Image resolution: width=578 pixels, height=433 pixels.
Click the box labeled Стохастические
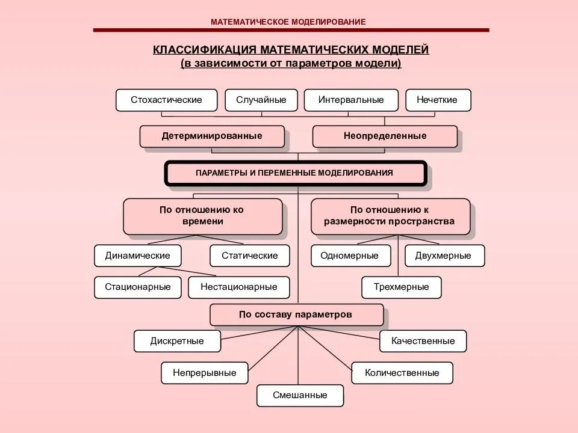coord(166,100)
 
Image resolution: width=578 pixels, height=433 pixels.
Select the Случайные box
coord(261,100)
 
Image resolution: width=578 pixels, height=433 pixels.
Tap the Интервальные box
coord(351,100)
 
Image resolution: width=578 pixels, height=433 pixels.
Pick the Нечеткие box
coord(438,100)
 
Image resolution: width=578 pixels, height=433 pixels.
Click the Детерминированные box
coord(212,136)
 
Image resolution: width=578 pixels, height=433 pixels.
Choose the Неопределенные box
coord(385,136)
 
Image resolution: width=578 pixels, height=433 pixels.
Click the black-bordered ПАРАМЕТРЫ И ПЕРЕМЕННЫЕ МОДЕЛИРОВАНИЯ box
coord(295,173)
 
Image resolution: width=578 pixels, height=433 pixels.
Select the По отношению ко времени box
coord(202,216)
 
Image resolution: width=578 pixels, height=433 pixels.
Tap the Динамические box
coord(137,256)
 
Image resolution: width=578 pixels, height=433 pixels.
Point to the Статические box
coord(250,256)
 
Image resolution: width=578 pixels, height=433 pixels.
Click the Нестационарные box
coord(239,287)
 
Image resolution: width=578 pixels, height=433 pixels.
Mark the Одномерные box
coord(349,256)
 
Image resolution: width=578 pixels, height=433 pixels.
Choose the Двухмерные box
coord(444,256)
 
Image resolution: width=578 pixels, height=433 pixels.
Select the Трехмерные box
coord(401,287)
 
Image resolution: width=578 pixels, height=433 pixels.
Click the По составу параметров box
coord(296,315)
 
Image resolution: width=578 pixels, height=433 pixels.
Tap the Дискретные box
coord(177,341)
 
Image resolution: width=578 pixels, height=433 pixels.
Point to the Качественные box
coord(423,341)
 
